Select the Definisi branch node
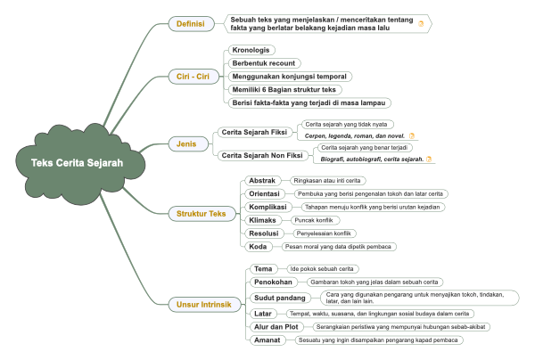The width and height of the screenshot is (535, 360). (x=191, y=24)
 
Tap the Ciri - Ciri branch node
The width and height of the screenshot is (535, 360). (x=193, y=77)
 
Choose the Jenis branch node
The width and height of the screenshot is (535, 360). (x=187, y=143)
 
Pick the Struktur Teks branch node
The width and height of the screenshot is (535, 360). (x=202, y=214)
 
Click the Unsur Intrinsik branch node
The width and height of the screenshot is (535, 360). (x=204, y=305)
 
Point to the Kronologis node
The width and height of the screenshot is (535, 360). (x=251, y=50)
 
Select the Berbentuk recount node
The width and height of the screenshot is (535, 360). (x=264, y=63)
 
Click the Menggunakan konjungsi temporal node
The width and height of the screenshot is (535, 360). (x=290, y=77)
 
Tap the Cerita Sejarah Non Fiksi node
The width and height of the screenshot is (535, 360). (x=262, y=155)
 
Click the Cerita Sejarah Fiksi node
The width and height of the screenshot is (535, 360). (x=254, y=132)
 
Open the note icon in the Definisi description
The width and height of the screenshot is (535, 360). (x=421, y=24)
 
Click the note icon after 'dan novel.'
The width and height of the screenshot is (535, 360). (x=412, y=135)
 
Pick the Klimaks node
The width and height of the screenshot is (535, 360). (x=263, y=220)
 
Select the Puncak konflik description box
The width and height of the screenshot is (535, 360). (x=315, y=220)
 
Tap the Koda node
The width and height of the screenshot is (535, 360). (x=259, y=247)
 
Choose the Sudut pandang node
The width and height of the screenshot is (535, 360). (x=280, y=298)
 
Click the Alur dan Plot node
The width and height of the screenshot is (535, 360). (x=276, y=327)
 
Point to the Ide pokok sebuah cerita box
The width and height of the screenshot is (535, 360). (x=323, y=269)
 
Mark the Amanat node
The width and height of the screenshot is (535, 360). (x=267, y=340)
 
